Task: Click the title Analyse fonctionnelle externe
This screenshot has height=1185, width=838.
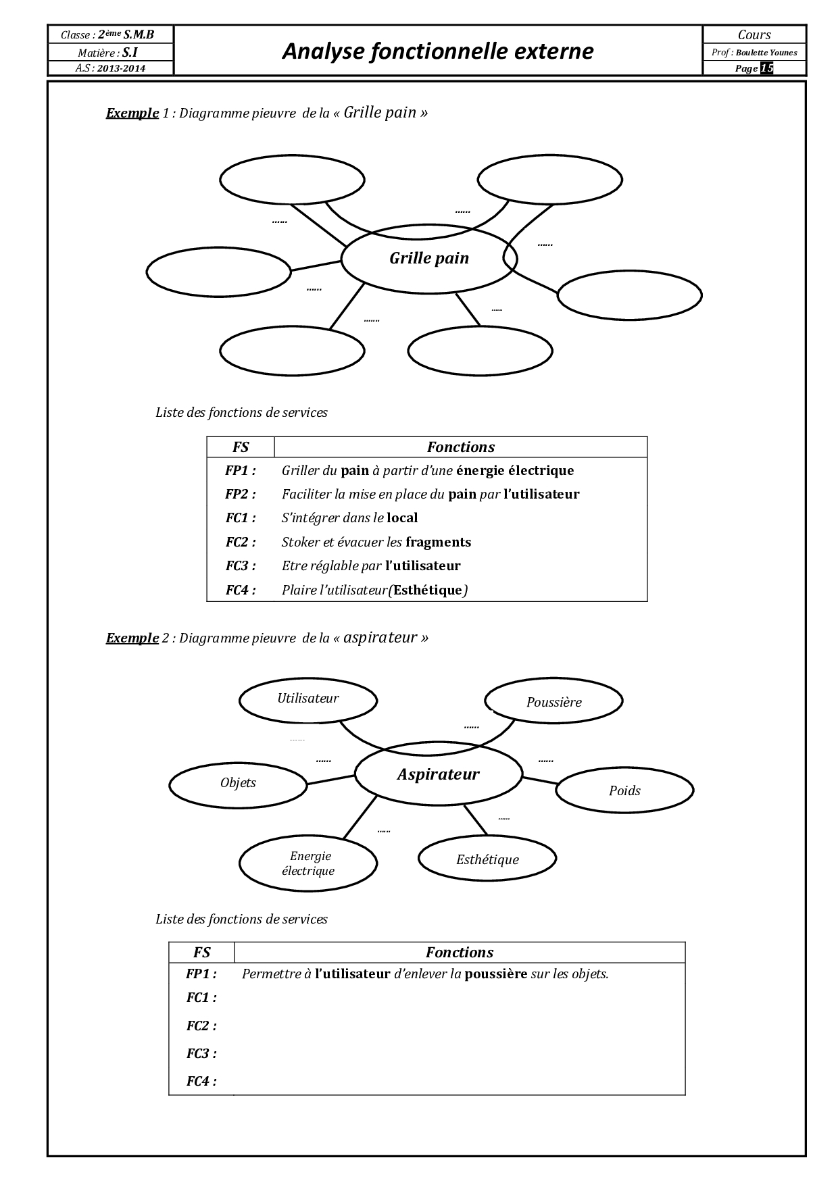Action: click(x=437, y=51)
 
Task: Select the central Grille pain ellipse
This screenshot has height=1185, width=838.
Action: click(x=428, y=258)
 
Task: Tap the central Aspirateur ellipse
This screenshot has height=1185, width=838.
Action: click(x=438, y=774)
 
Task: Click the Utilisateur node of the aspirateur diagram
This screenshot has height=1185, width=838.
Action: click(x=308, y=699)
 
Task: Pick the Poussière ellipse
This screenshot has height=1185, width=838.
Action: click(x=553, y=702)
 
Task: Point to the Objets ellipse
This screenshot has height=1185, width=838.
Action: click(x=238, y=783)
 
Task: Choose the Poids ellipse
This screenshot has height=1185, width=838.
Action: click(x=624, y=790)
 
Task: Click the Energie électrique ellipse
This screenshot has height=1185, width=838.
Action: click(x=308, y=863)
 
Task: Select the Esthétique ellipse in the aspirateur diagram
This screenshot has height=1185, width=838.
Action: click(x=487, y=859)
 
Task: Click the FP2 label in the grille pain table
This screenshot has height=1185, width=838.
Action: click(x=241, y=494)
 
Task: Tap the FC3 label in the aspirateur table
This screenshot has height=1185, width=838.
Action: click(x=201, y=1053)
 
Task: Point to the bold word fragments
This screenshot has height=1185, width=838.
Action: click(x=438, y=542)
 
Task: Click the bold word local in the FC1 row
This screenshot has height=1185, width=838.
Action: click(x=402, y=518)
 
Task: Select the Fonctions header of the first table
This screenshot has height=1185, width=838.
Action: click(x=460, y=447)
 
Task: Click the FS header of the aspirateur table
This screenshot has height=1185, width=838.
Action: click(x=201, y=953)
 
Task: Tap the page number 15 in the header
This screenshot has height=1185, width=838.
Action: click(x=766, y=68)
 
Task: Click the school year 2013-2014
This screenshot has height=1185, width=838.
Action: click(x=121, y=68)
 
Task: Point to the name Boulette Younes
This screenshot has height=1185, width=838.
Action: click(x=766, y=53)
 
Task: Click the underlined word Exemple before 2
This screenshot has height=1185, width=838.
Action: click(x=132, y=638)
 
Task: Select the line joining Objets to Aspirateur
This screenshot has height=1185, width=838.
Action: click(x=331, y=780)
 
